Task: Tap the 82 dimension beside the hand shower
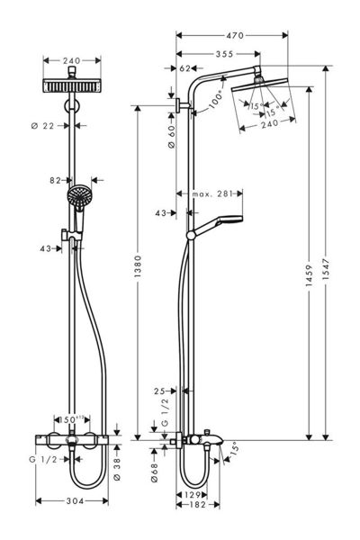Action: click(55, 180)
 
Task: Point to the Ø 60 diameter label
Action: click(170, 138)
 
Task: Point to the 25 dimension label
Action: click(158, 391)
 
